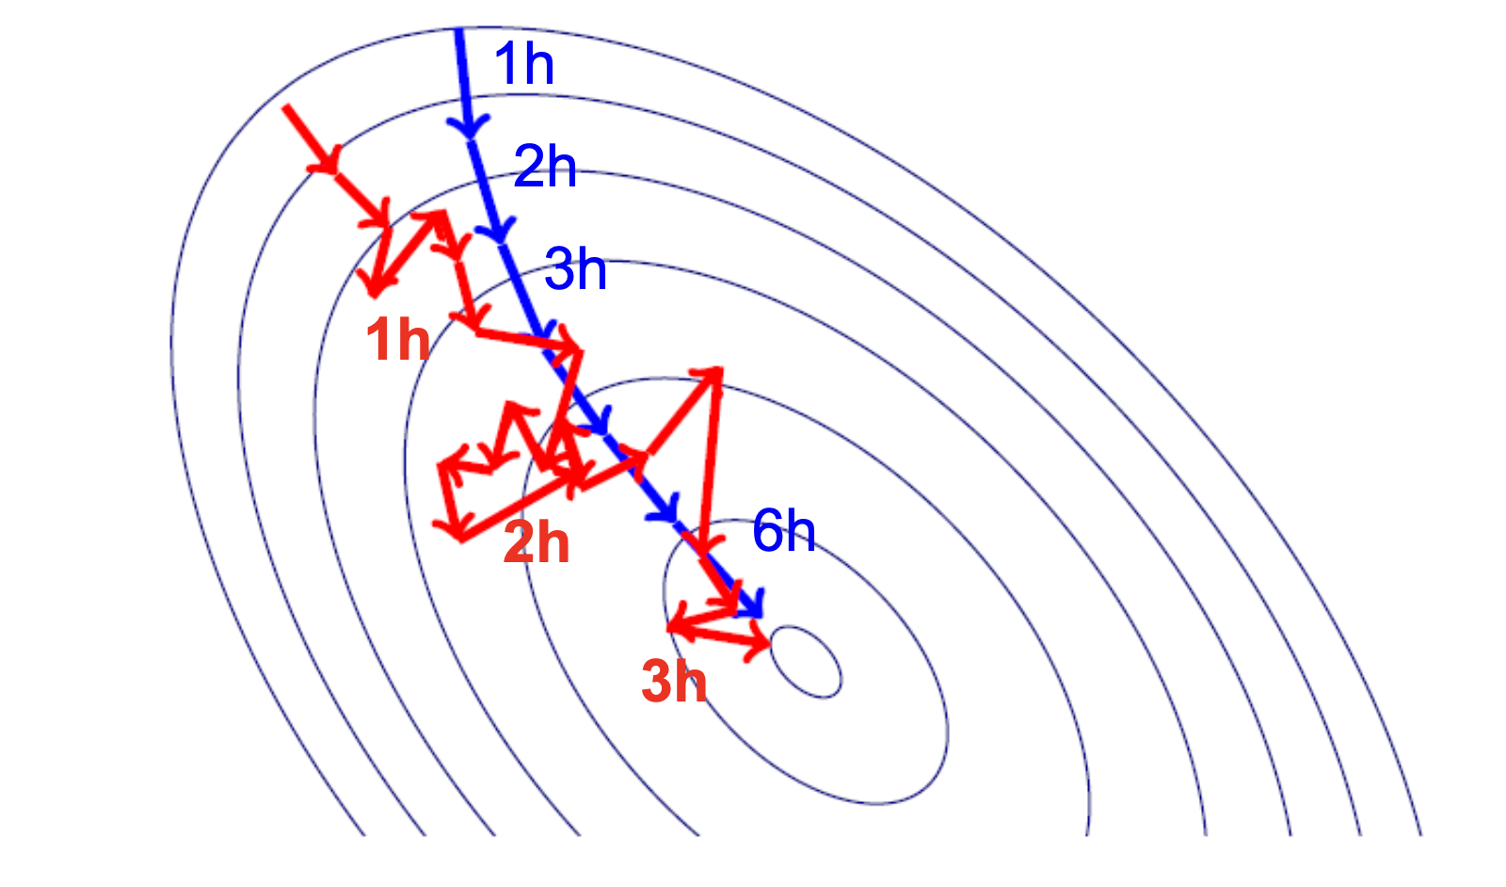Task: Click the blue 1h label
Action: pos(523,64)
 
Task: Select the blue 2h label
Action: pos(545,168)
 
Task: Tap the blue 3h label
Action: pos(575,269)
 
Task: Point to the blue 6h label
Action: pos(783,531)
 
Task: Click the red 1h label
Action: pos(397,339)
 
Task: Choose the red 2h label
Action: pos(537,542)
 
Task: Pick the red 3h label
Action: pos(674,681)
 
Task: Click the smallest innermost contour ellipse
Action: pos(806,662)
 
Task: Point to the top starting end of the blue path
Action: pos(459,32)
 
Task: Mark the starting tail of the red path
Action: pos(286,107)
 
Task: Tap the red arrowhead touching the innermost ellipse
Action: pos(761,645)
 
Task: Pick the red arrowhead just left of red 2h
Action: pos(457,531)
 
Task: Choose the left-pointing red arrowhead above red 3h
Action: pos(676,625)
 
